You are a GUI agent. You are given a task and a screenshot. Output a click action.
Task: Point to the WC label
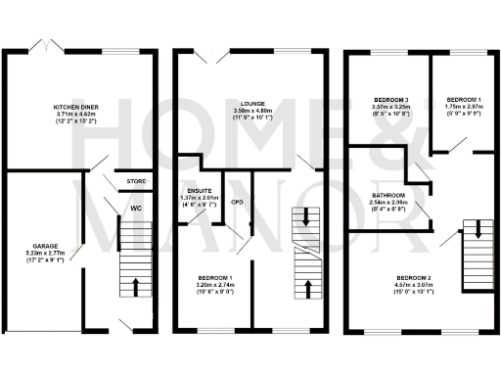pyautogui.click(x=136, y=208)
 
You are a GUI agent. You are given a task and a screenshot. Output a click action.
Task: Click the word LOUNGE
pyautogui.click(x=250, y=102)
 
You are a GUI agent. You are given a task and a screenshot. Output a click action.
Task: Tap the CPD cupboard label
pyautogui.click(x=236, y=203)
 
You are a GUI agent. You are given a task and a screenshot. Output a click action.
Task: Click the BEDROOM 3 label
pyautogui.click(x=392, y=100)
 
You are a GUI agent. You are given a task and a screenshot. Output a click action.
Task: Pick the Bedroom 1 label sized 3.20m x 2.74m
pyautogui.click(x=215, y=278)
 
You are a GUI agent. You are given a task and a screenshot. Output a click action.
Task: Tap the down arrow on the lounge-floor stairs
pyautogui.click(x=308, y=217)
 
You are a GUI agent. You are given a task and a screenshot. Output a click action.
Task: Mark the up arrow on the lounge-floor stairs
pyautogui.click(x=308, y=288)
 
